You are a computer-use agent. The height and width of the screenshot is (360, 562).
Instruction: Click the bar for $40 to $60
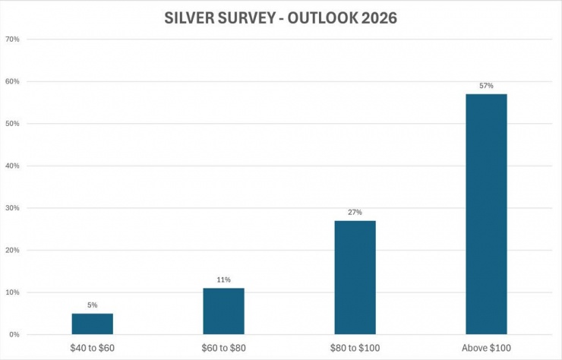pyautogui.click(x=93, y=324)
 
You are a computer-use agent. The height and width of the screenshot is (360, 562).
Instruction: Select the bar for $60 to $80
pyautogui.click(x=224, y=311)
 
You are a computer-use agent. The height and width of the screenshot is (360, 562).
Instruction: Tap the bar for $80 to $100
pyautogui.click(x=355, y=278)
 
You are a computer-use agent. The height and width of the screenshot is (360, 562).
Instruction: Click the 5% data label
pyautogui.click(x=93, y=305)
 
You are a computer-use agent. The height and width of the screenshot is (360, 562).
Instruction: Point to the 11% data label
pyautogui.click(x=224, y=280)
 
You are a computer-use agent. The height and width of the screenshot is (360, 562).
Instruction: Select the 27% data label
pyautogui.click(x=355, y=213)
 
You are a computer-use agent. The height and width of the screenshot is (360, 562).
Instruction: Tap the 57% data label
pyautogui.click(x=487, y=86)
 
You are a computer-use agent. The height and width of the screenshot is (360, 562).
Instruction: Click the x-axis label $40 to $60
pyautogui.click(x=93, y=348)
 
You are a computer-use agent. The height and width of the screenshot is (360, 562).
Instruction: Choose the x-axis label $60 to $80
pyautogui.click(x=224, y=348)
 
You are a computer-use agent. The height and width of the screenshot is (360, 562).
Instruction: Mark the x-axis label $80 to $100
pyautogui.click(x=355, y=348)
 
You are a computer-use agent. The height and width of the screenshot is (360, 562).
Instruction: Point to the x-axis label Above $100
pyautogui.click(x=487, y=348)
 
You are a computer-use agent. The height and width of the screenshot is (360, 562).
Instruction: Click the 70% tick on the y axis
pyautogui.click(x=12, y=39)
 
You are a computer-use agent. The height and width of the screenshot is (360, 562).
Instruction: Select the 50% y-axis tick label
pyautogui.click(x=12, y=124)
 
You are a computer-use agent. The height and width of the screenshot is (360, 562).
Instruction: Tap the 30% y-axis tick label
pyautogui.click(x=12, y=208)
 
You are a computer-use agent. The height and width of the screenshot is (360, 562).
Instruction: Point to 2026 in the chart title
pyautogui.click(x=377, y=17)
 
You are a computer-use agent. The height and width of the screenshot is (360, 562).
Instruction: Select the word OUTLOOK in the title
pyautogui.click(x=319, y=17)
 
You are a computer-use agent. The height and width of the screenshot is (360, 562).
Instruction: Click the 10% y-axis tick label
pyautogui.click(x=12, y=292)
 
